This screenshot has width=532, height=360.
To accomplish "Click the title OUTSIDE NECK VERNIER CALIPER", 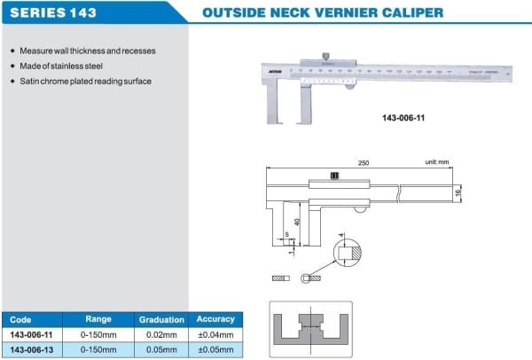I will point(323,13).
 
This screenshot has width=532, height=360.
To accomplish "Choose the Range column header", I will point(98,318).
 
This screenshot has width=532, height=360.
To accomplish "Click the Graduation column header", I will point(161,319).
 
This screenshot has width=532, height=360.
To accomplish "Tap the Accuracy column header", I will point(215,318).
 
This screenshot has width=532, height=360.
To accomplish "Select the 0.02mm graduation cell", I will point(161,334).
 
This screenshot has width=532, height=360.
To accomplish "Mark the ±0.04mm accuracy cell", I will point(215,334).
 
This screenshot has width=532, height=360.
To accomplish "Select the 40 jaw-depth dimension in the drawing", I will point(297,222).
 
